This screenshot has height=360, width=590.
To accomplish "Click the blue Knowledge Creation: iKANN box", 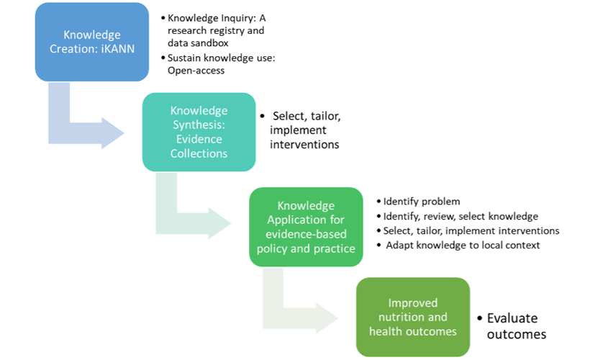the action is point(92,42).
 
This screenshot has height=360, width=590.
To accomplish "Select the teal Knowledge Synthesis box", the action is point(199,132).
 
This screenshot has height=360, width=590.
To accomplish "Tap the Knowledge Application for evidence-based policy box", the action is point(306,227).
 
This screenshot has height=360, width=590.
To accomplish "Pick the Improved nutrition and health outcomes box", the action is point(413,317).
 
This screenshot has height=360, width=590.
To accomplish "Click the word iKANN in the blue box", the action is point(118,49).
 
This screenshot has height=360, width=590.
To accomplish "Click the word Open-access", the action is point(196,71).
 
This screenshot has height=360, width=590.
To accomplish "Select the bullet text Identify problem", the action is point(422,202).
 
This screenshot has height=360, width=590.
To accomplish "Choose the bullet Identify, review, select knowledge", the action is point(460,217).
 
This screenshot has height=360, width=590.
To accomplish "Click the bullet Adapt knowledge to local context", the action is point(463,245).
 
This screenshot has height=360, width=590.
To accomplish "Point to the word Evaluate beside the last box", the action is point(512,318).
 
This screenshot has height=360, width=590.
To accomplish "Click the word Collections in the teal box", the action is point(199,153).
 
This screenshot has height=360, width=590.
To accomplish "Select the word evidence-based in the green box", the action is point(306,234).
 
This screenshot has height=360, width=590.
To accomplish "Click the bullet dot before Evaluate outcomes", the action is point(479,318).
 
